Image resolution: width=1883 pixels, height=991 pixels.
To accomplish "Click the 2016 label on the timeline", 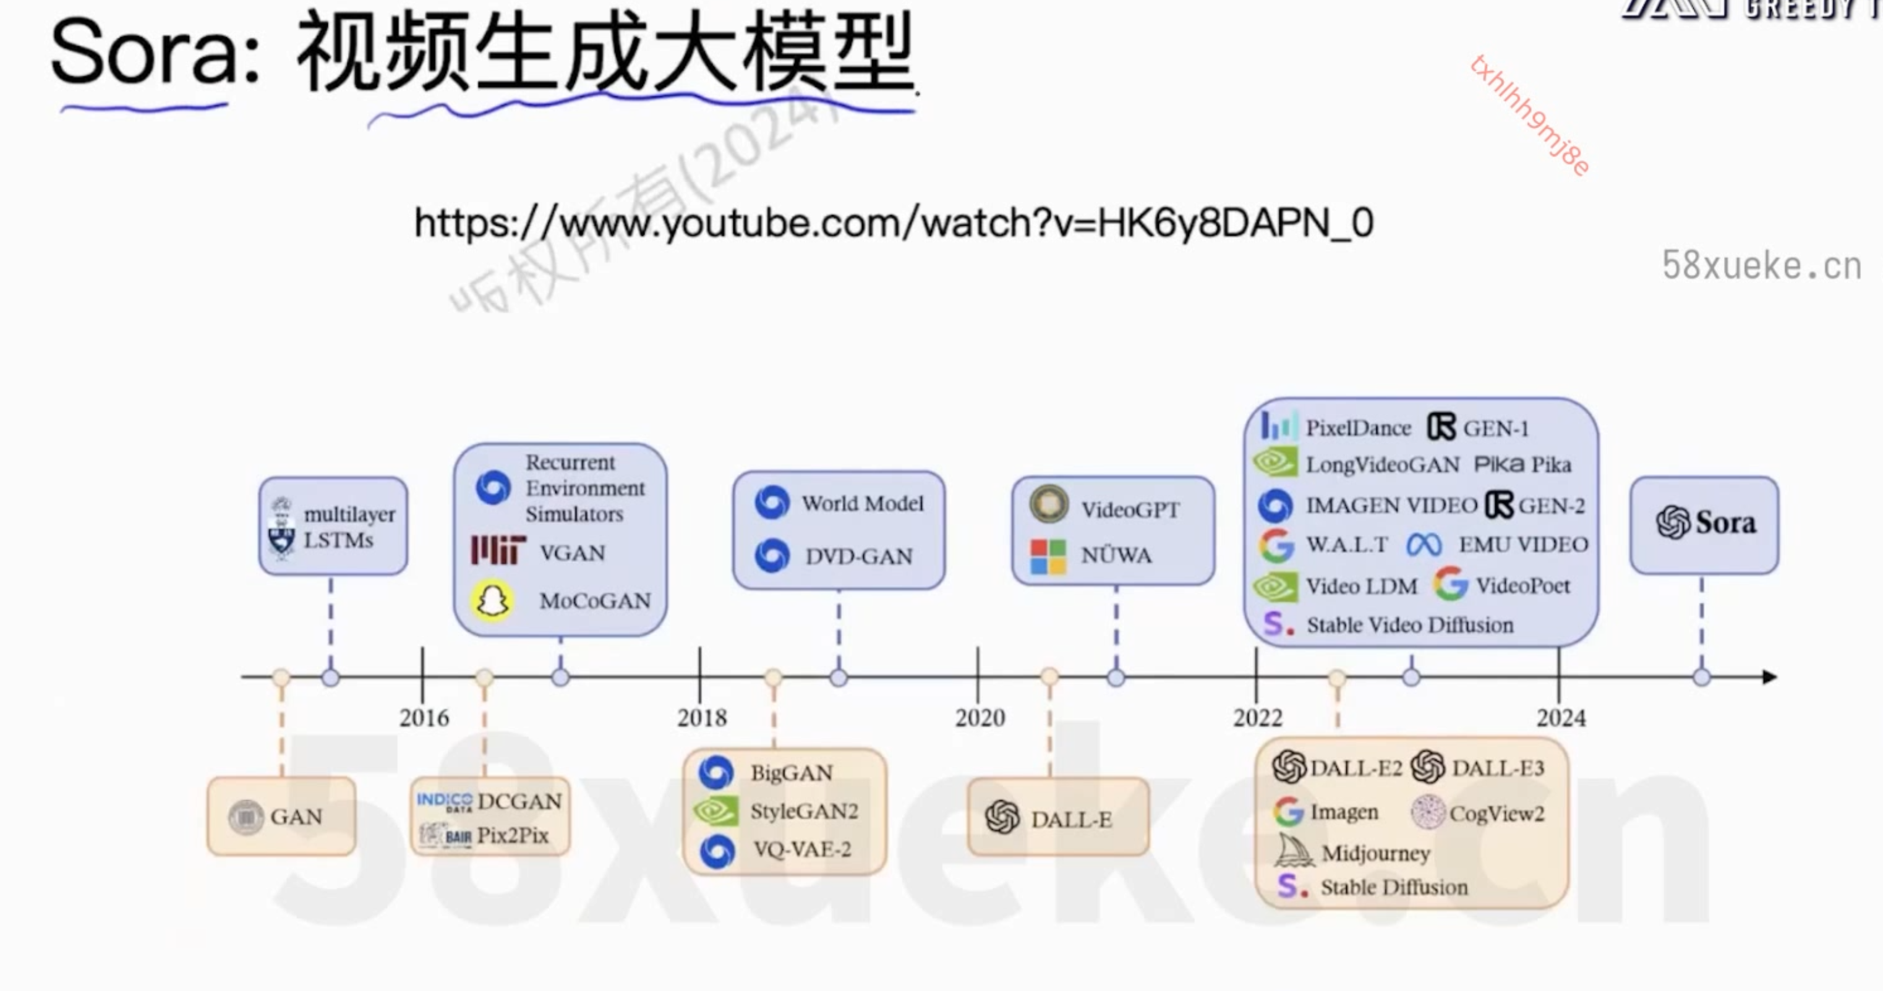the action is pos(424,718).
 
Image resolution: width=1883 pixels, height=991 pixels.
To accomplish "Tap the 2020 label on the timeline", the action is pos(980,718).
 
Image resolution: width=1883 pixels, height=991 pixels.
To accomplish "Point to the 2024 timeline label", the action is pos(1561,718).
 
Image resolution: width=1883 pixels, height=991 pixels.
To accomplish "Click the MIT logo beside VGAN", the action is pos(498,550).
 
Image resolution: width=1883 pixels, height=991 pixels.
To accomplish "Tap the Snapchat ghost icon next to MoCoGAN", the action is pos(493,601).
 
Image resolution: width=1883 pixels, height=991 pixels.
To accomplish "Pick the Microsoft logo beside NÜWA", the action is pos(1048,557).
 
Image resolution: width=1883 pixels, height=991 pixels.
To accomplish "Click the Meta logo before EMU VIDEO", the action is pos(1424,545).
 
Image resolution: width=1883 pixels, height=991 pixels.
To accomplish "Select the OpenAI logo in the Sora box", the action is pos(1673,522).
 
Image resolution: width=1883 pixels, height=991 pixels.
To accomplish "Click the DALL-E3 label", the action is pos(1497,768).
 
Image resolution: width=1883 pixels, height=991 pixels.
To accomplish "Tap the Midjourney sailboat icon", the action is pos(1294,851).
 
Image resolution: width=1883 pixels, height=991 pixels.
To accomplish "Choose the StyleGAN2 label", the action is pos(803,811).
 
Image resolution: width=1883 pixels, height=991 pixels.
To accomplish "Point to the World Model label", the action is pos(863,504).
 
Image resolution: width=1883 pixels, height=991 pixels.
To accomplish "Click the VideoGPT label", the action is pos(1130,509).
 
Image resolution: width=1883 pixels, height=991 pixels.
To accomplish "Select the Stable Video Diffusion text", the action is pos(1409,625).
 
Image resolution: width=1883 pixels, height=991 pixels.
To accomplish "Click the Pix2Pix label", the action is pos(513,835).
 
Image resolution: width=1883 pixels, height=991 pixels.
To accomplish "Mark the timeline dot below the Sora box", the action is pos(1702,678).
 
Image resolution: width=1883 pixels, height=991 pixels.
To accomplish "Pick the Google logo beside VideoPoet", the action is pos(1450,584).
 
